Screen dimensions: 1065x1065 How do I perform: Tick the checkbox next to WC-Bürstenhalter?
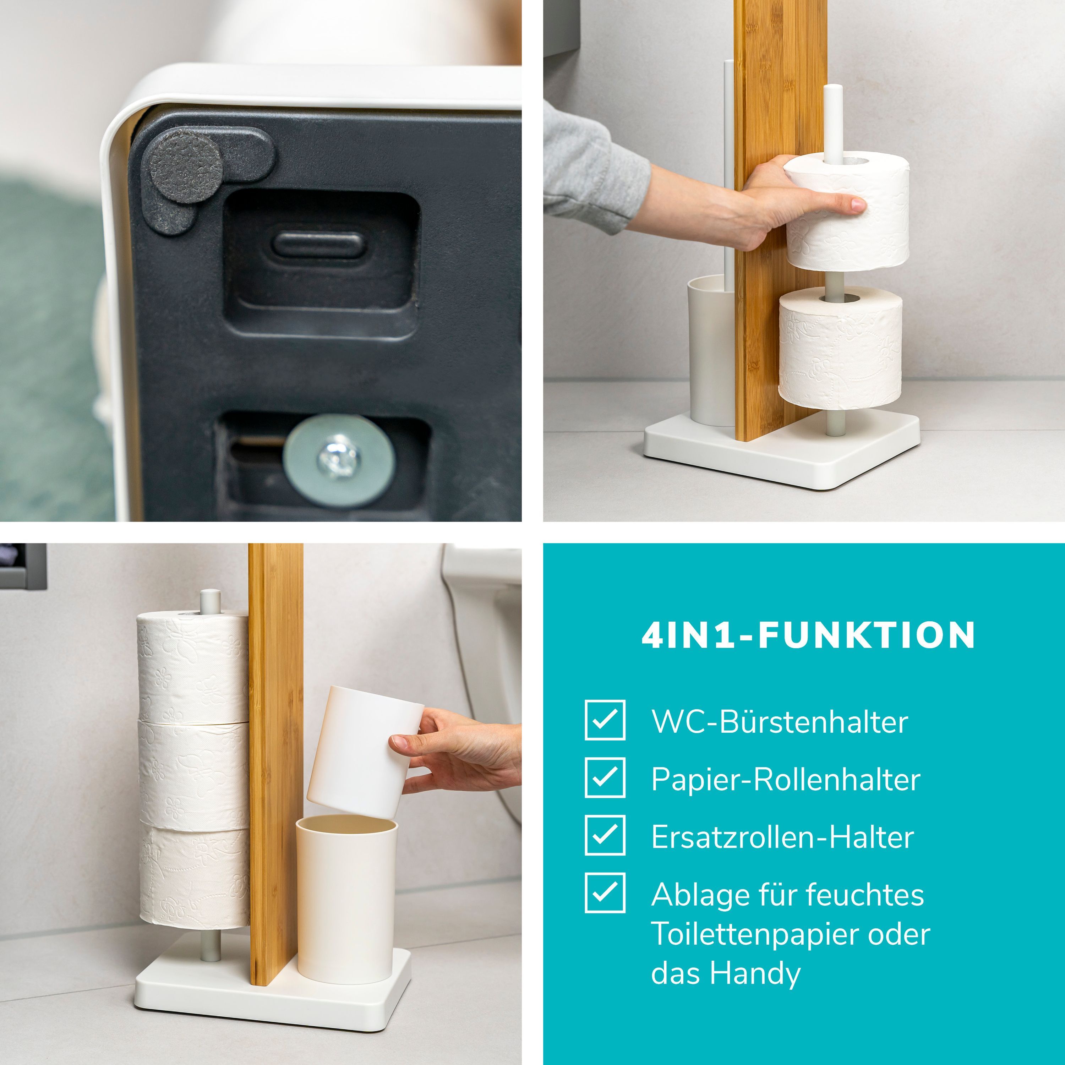pos(605,720)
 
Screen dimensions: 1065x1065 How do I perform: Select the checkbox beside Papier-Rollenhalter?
pos(605,777)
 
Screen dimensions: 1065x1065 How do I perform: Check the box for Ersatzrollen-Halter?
pos(605,835)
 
